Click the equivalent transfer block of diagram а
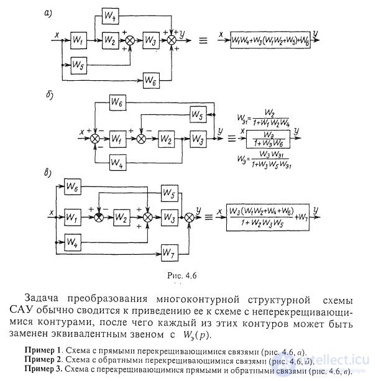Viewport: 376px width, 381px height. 271,39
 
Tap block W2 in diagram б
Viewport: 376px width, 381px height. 167,137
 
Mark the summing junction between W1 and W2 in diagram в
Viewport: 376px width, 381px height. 98,217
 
